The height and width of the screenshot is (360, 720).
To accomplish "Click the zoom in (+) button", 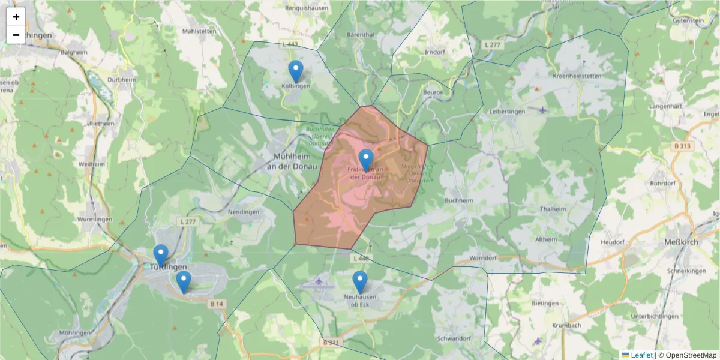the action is pos(16,17).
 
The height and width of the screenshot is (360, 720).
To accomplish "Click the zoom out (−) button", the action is pos(16,35).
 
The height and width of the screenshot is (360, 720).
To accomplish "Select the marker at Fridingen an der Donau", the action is pos(366,160).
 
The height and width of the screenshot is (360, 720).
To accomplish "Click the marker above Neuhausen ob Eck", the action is pos(360,282).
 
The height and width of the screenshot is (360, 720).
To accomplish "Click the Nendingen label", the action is pos(244,212).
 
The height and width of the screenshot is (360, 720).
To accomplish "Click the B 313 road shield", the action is pos(682,146).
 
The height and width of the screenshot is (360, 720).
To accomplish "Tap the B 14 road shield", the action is pos(217,304).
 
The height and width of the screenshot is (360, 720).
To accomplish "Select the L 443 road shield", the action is pos(290,44).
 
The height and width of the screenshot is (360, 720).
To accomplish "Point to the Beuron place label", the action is pos(433,92).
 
